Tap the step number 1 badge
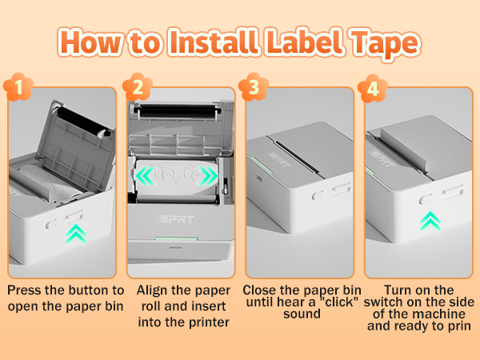click(18, 86)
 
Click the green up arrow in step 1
click(75, 232)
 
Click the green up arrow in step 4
click(430, 218)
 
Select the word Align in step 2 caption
click(154, 290)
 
